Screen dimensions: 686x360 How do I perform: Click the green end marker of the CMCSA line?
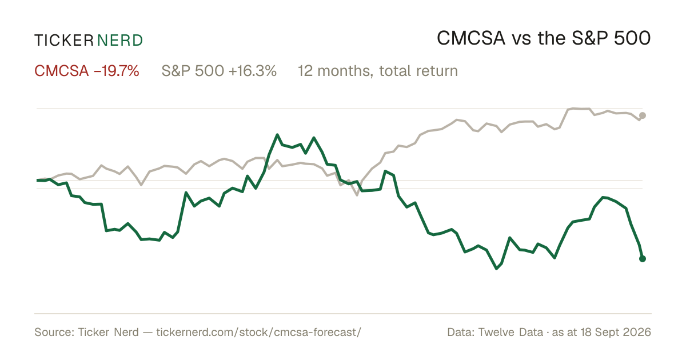point(643,259)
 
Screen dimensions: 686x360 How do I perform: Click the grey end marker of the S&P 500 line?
point(643,115)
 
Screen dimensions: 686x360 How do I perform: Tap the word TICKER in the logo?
point(64,41)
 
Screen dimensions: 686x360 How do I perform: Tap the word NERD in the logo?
point(120,41)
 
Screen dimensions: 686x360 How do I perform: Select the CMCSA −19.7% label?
point(87,71)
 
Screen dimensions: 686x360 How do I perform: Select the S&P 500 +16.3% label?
point(219,71)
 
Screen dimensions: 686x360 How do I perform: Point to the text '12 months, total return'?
point(378,71)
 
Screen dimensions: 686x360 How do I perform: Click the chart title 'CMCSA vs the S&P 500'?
point(544,38)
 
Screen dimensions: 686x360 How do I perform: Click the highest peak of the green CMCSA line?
point(277,135)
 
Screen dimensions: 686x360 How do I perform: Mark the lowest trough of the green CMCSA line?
point(496,269)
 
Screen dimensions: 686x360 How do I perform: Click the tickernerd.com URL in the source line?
point(259,332)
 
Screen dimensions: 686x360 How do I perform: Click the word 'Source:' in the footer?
point(54,332)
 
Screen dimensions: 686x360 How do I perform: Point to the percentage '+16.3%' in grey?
point(252,71)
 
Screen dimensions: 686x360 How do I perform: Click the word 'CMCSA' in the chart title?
point(470,38)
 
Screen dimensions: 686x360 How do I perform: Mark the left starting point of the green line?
point(37,181)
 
